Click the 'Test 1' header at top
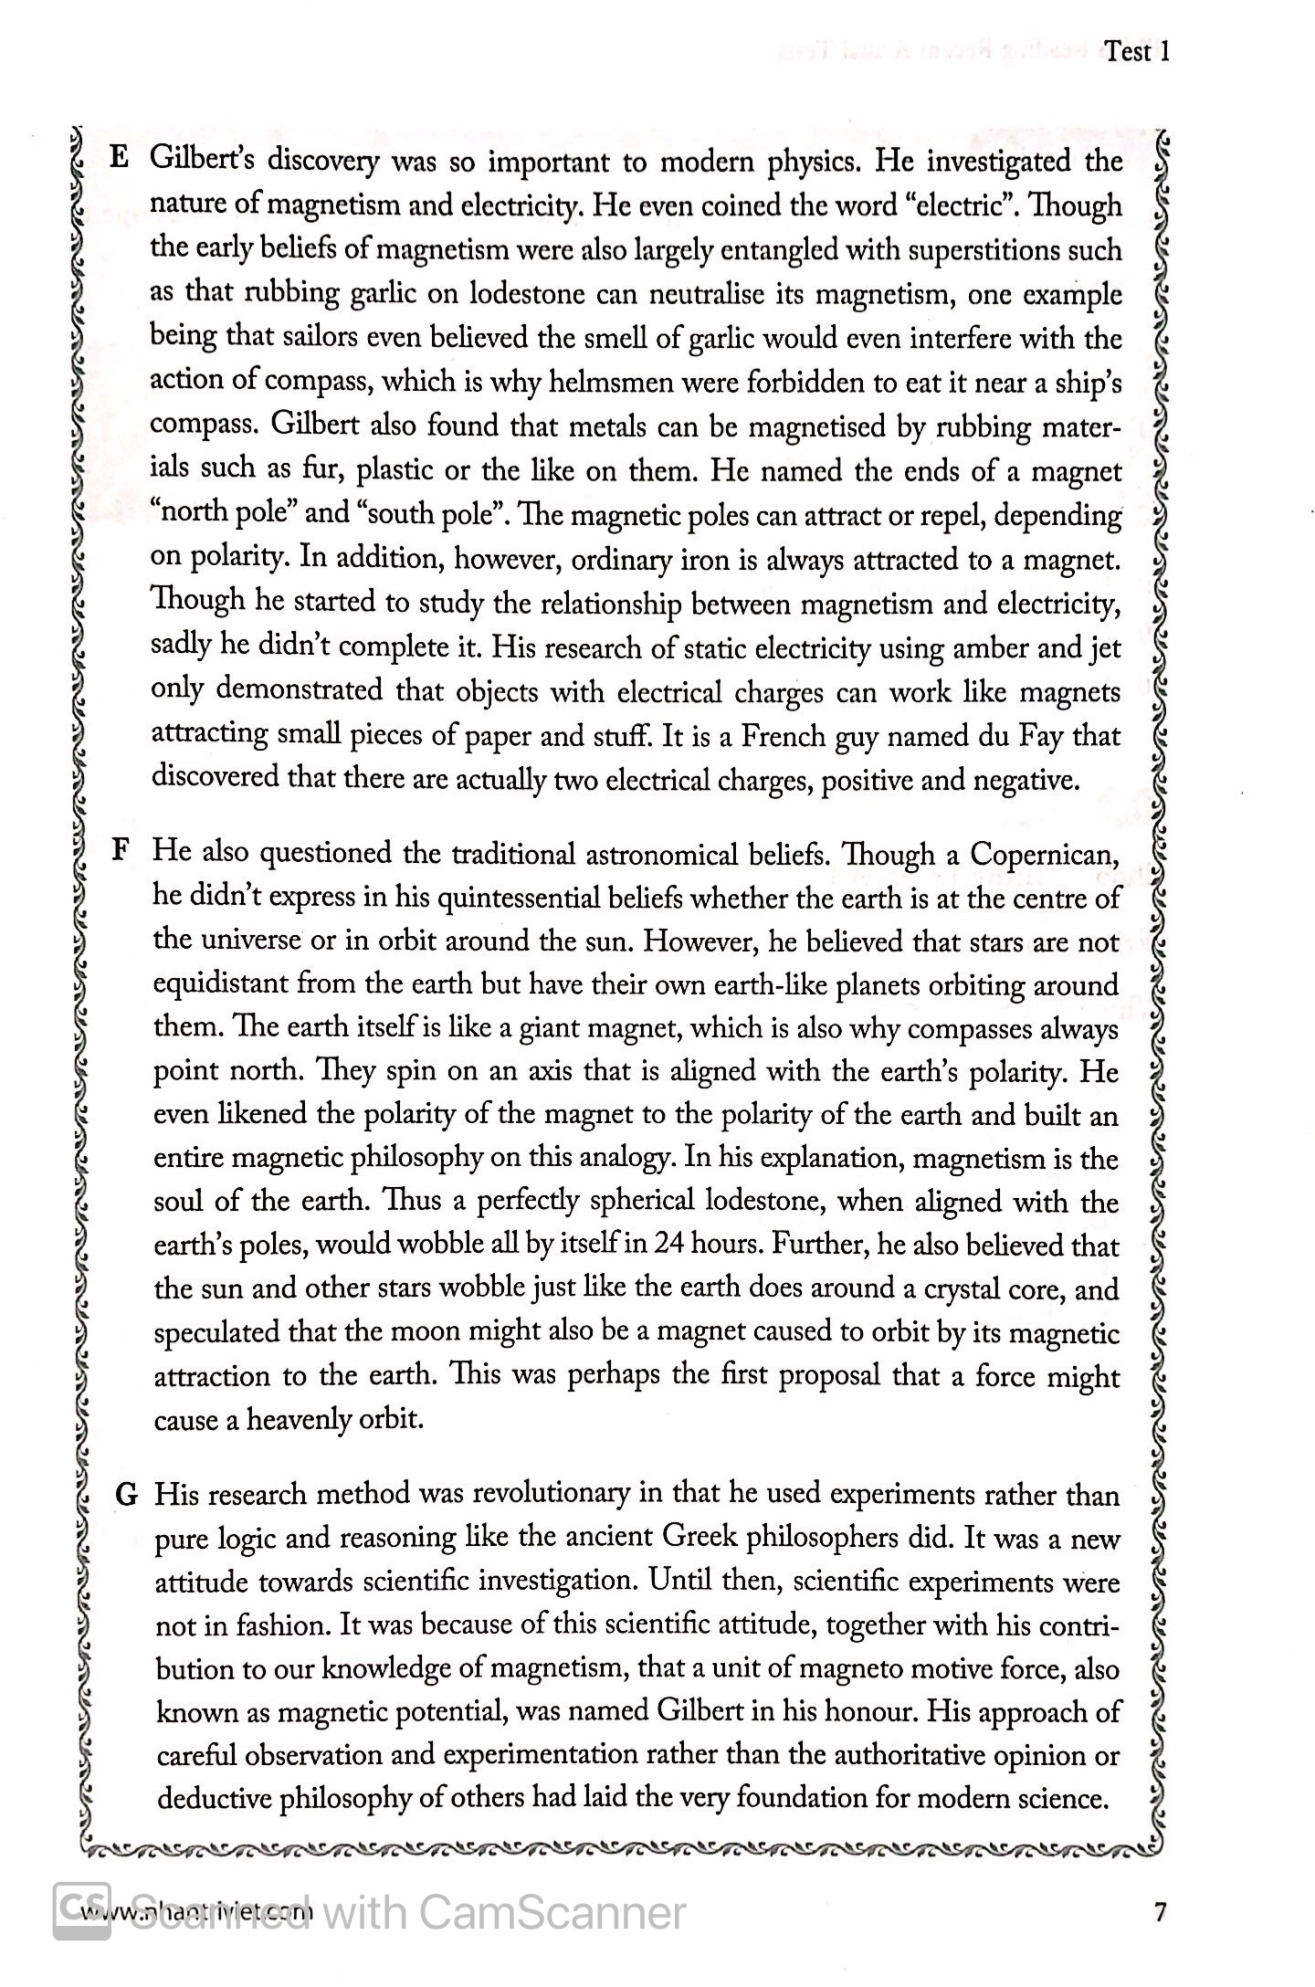tap(1136, 52)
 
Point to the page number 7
tap(1161, 1911)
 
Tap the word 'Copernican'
tap(1044, 855)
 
